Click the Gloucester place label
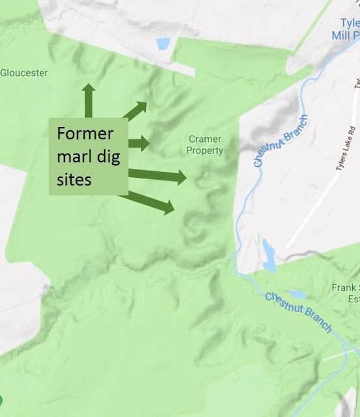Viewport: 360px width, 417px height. (x=24, y=74)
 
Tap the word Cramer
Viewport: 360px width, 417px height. (x=205, y=139)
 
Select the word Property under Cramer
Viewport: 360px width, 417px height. (x=205, y=151)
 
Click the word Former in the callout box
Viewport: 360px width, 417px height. (x=85, y=134)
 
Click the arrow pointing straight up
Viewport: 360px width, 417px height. (x=88, y=101)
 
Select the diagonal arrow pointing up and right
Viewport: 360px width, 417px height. (x=136, y=111)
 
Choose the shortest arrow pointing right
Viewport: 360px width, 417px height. (x=140, y=142)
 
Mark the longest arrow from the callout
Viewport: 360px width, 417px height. (x=159, y=175)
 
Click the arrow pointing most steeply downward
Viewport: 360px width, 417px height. (x=153, y=203)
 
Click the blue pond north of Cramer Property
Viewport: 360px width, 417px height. (x=163, y=44)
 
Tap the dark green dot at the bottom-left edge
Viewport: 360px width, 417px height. (x=1, y=399)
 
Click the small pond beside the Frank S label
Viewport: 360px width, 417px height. (x=297, y=294)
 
